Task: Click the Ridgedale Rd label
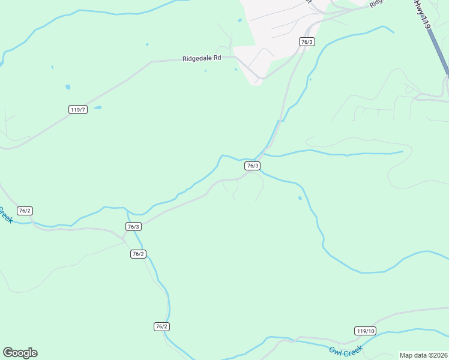(x=202, y=58)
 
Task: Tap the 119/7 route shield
(x=78, y=110)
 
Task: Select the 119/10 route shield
(x=365, y=331)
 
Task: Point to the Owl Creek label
(x=346, y=350)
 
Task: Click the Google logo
(x=20, y=353)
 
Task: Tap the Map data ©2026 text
(x=423, y=355)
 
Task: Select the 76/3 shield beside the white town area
(x=307, y=41)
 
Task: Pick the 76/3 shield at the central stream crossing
(x=253, y=166)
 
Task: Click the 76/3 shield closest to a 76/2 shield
(x=133, y=226)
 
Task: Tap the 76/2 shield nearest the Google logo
(x=161, y=326)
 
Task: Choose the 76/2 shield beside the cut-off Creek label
(x=25, y=211)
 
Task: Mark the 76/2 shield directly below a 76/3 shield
(x=138, y=254)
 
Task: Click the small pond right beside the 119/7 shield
(x=97, y=108)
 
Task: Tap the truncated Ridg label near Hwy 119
(x=376, y=3)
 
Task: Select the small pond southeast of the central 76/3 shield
(x=300, y=197)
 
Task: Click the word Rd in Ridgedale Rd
(x=217, y=58)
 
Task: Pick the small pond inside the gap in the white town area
(x=240, y=20)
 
